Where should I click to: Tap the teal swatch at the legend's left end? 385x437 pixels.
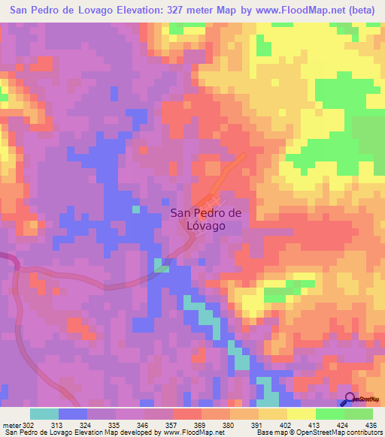pos(44,414)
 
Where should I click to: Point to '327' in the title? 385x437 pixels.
pos(183,11)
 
